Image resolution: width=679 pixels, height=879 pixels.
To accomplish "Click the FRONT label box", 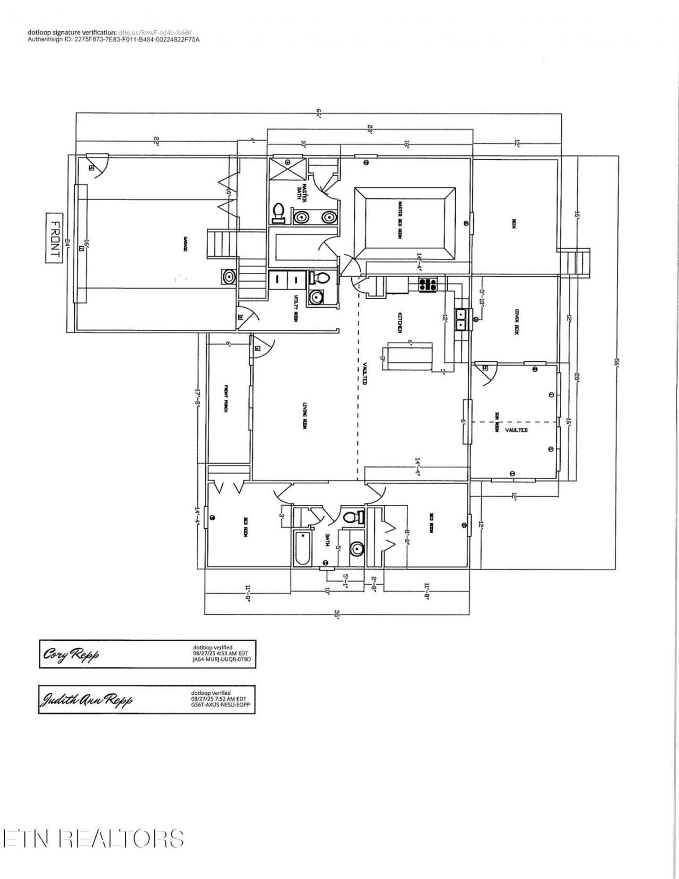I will tap(54, 238).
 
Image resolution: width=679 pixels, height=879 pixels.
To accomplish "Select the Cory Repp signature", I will tap(71, 655).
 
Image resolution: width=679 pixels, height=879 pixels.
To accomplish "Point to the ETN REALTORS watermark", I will tap(93, 839).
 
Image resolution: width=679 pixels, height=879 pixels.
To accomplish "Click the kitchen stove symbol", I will tap(428, 285).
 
